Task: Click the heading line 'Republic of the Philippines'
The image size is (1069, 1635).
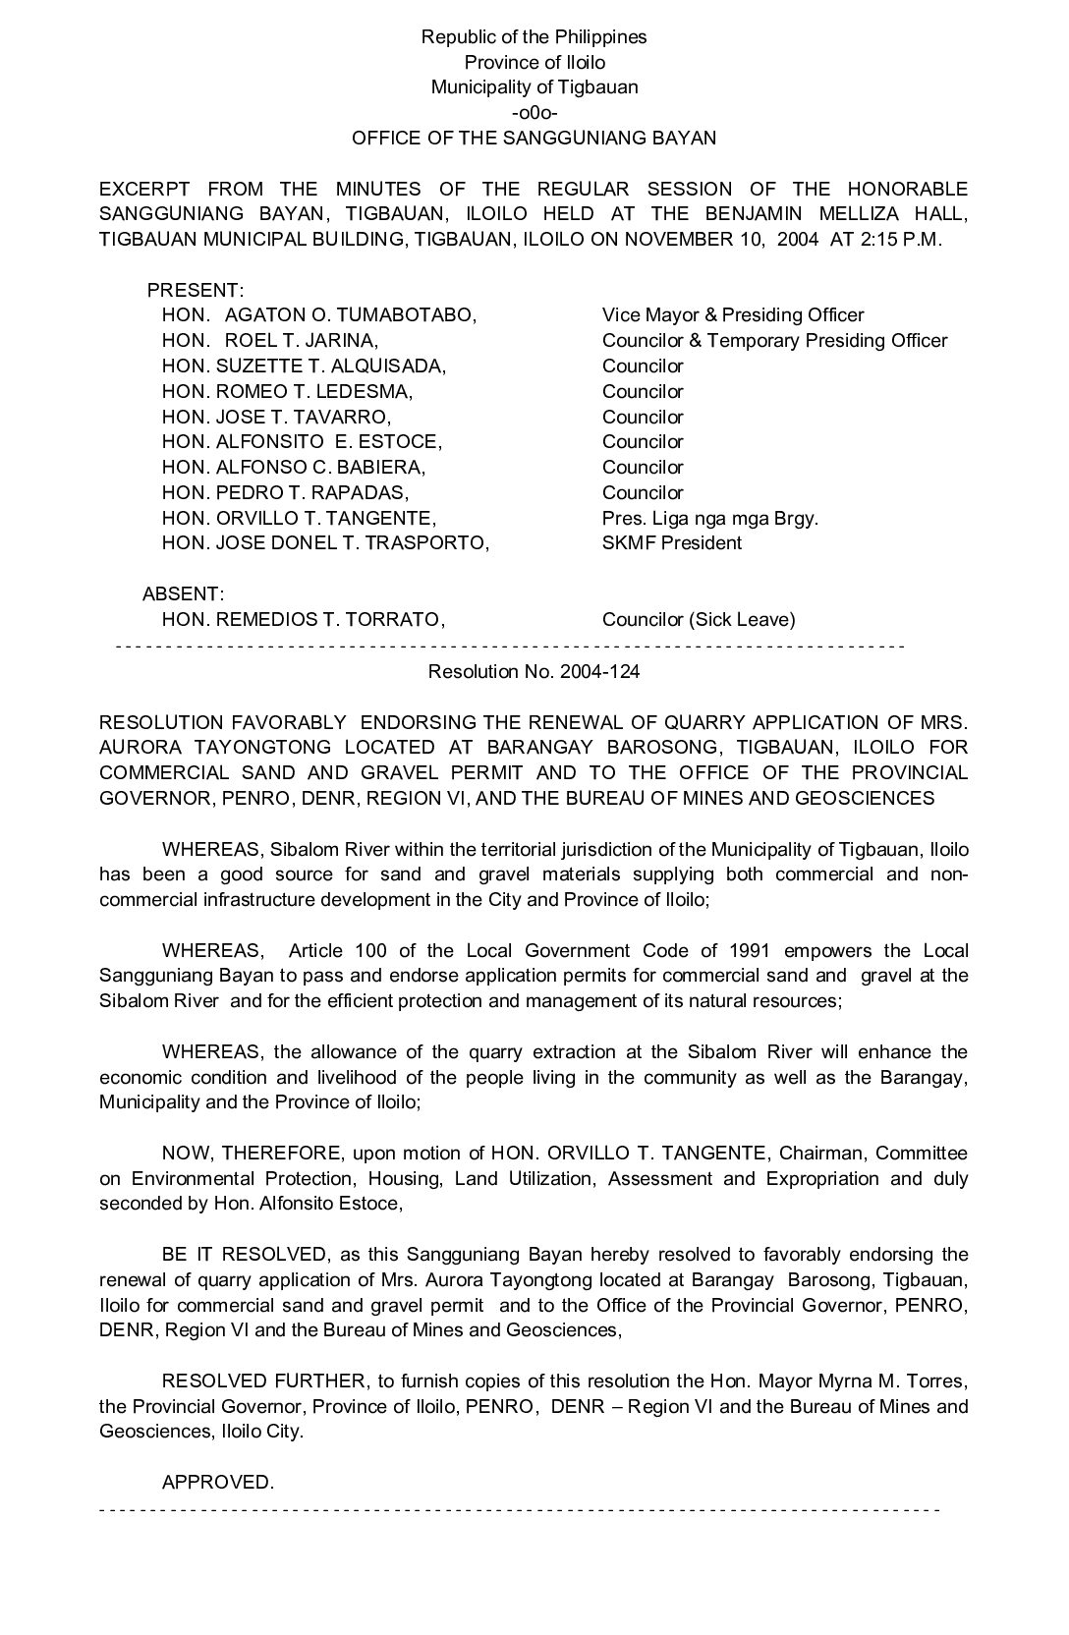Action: [x=534, y=37]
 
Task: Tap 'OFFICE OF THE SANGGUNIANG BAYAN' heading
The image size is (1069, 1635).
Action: [x=534, y=139]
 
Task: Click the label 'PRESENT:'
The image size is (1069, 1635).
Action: [x=196, y=291]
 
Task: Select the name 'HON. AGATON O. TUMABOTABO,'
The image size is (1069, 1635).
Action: [x=319, y=315]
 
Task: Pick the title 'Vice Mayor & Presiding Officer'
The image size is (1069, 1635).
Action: [x=733, y=315]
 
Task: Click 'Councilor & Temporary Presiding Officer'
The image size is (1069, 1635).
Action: [x=774, y=341]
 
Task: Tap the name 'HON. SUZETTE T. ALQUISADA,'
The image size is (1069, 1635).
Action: [x=304, y=366]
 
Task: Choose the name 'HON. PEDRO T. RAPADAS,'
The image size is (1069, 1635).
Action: [x=285, y=493]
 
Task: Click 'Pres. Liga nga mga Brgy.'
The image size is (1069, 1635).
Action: [x=709, y=518]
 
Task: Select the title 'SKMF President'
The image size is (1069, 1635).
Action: [x=672, y=543]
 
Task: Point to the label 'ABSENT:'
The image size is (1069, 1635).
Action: [x=184, y=594]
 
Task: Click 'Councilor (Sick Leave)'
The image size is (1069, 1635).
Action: [x=699, y=620]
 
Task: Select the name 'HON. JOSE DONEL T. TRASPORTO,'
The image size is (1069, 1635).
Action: [x=325, y=543]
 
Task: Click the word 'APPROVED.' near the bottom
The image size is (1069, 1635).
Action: [x=217, y=1483]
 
